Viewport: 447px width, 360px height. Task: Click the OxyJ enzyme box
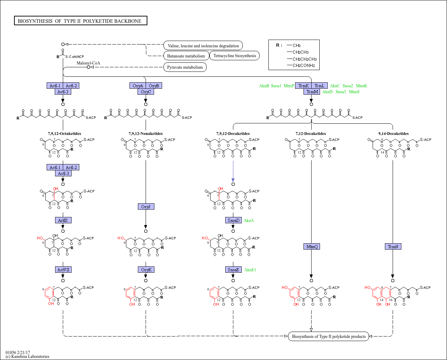tap(146, 206)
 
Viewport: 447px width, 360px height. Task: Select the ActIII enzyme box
tap(63, 220)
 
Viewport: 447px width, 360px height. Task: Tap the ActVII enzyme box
tap(63, 270)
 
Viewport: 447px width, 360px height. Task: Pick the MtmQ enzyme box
tap(312, 246)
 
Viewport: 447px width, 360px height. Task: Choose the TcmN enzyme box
tap(393, 246)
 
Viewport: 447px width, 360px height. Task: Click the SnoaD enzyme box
tap(233, 220)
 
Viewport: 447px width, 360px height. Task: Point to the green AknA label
tap(249, 220)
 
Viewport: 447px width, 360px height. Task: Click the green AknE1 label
tap(250, 270)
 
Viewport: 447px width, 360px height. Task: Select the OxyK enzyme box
tap(146, 270)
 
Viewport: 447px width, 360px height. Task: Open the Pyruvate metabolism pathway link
tap(185, 67)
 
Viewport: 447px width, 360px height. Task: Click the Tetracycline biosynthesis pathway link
tap(234, 56)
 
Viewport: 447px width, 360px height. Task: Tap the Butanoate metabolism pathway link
tap(186, 56)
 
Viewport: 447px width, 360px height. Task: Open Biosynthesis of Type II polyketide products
tap(329, 337)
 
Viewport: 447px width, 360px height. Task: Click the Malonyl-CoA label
tap(88, 63)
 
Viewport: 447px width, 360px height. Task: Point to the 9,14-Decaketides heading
tap(393, 134)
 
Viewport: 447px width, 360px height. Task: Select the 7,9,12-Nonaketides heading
tap(146, 134)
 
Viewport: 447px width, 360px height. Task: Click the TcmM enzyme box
tap(312, 91)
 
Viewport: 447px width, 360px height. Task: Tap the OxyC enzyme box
tap(146, 91)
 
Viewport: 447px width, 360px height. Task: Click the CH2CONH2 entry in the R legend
tap(304, 66)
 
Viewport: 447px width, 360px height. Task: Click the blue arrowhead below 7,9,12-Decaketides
tap(233, 180)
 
